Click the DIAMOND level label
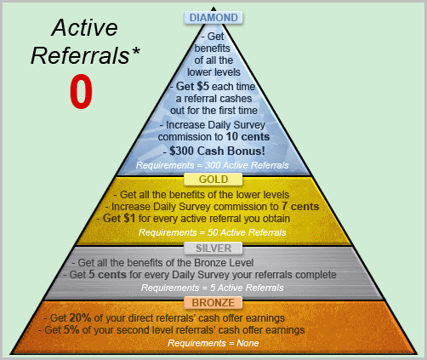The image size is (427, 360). (213, 18)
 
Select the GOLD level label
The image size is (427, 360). (213, 180)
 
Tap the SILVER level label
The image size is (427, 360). (213, 249)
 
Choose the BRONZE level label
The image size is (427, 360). (213, 303)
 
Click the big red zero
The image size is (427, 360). (81, 91)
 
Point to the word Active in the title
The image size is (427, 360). (85, 27)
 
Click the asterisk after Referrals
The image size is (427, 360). (135, 51)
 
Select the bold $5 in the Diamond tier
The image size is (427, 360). (203, 86)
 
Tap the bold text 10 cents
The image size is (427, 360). (248, 137)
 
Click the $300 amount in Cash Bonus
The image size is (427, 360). (182, 151)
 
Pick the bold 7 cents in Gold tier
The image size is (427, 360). (300, 207)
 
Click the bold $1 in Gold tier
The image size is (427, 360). (129, 219)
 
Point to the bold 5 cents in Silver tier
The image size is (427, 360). (107, 275)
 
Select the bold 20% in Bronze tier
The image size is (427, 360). (80, 318)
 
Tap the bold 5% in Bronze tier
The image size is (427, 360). (71, 330)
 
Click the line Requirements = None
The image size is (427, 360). (213, 343)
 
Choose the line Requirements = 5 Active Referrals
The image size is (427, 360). (213, 288)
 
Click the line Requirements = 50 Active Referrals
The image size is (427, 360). (213, 232)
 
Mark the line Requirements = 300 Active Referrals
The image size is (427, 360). (213, 165)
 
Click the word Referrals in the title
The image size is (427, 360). (80, 55)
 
